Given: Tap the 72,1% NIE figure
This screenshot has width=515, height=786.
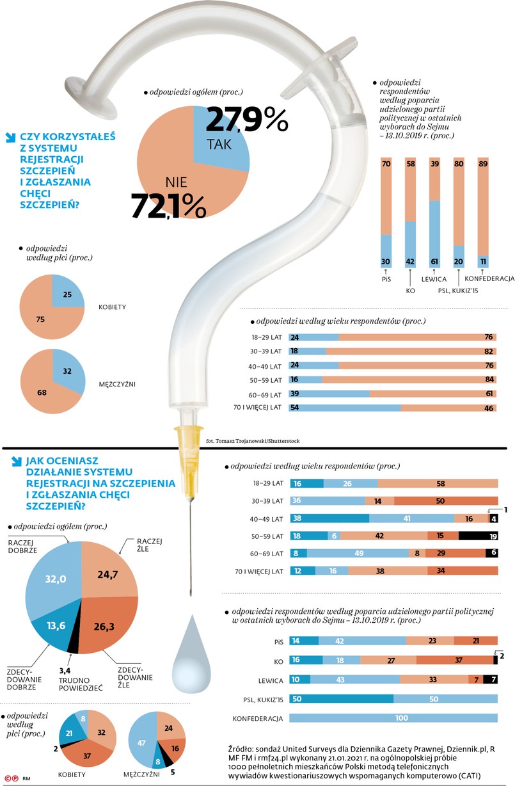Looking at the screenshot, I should point(168,205).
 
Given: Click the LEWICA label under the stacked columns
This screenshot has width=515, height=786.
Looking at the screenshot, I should point(433,279).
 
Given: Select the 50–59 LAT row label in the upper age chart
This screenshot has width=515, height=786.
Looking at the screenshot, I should point(266,379).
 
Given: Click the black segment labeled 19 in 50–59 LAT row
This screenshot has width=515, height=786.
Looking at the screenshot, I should point(478,536).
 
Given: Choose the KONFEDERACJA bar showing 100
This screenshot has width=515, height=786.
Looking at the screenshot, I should point(393,718).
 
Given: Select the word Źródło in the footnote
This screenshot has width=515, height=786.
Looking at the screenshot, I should point(241,748).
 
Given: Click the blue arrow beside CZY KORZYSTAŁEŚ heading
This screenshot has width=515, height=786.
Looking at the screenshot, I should point(10,136).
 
